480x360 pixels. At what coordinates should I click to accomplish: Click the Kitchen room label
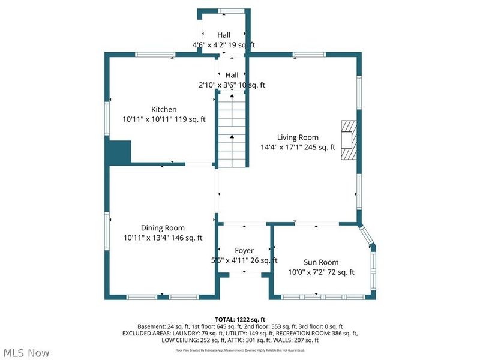click(164, 109)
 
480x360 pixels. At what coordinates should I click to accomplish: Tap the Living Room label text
click(298, 137)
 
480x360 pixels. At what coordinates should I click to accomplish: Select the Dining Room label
click(163, 228)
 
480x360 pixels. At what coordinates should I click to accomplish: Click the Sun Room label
click(320, 262)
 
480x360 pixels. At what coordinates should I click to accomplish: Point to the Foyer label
click(244, 250)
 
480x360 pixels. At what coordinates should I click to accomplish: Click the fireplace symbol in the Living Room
click(348, 140)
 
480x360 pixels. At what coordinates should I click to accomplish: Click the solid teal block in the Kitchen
click(119, 152)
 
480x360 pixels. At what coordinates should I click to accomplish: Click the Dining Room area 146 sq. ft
click(188, 238)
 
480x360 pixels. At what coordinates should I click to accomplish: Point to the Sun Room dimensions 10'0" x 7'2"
click(307, 272)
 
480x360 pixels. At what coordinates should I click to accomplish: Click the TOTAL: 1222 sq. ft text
click(240, 319)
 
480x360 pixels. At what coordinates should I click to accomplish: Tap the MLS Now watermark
click(27, 353)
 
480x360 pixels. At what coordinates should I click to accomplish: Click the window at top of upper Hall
click(231, 11)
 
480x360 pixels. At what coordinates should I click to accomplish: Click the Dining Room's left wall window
click(107, 228)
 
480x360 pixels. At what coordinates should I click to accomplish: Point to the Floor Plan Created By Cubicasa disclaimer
click(240, 350)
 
